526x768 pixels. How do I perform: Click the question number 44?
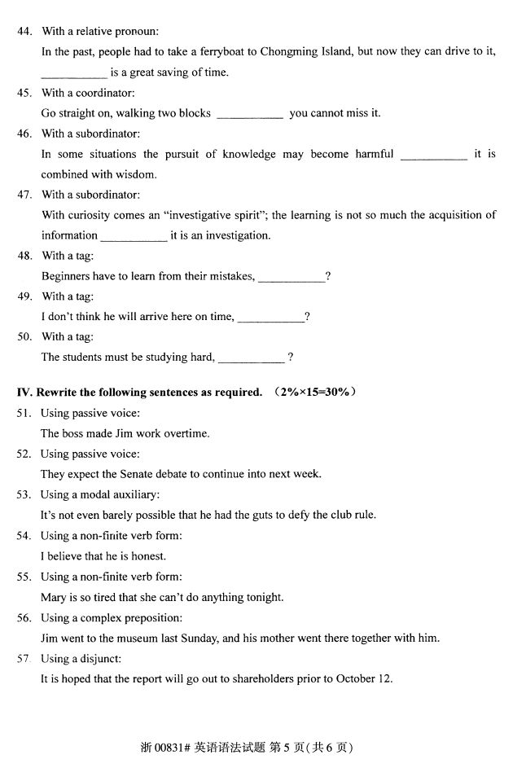[24, 32]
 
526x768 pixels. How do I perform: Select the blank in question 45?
[250, 114]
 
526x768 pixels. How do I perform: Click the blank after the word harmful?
[434, 155]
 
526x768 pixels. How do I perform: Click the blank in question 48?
[291, 277]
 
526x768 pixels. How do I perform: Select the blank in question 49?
[270, 318]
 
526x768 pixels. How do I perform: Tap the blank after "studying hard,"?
[251, 358]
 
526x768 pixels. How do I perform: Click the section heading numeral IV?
[24, 393]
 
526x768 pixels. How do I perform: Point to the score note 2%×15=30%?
[315, 393]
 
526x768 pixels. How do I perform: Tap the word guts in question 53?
[271, 516]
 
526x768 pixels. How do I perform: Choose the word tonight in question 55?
[265, 598]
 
